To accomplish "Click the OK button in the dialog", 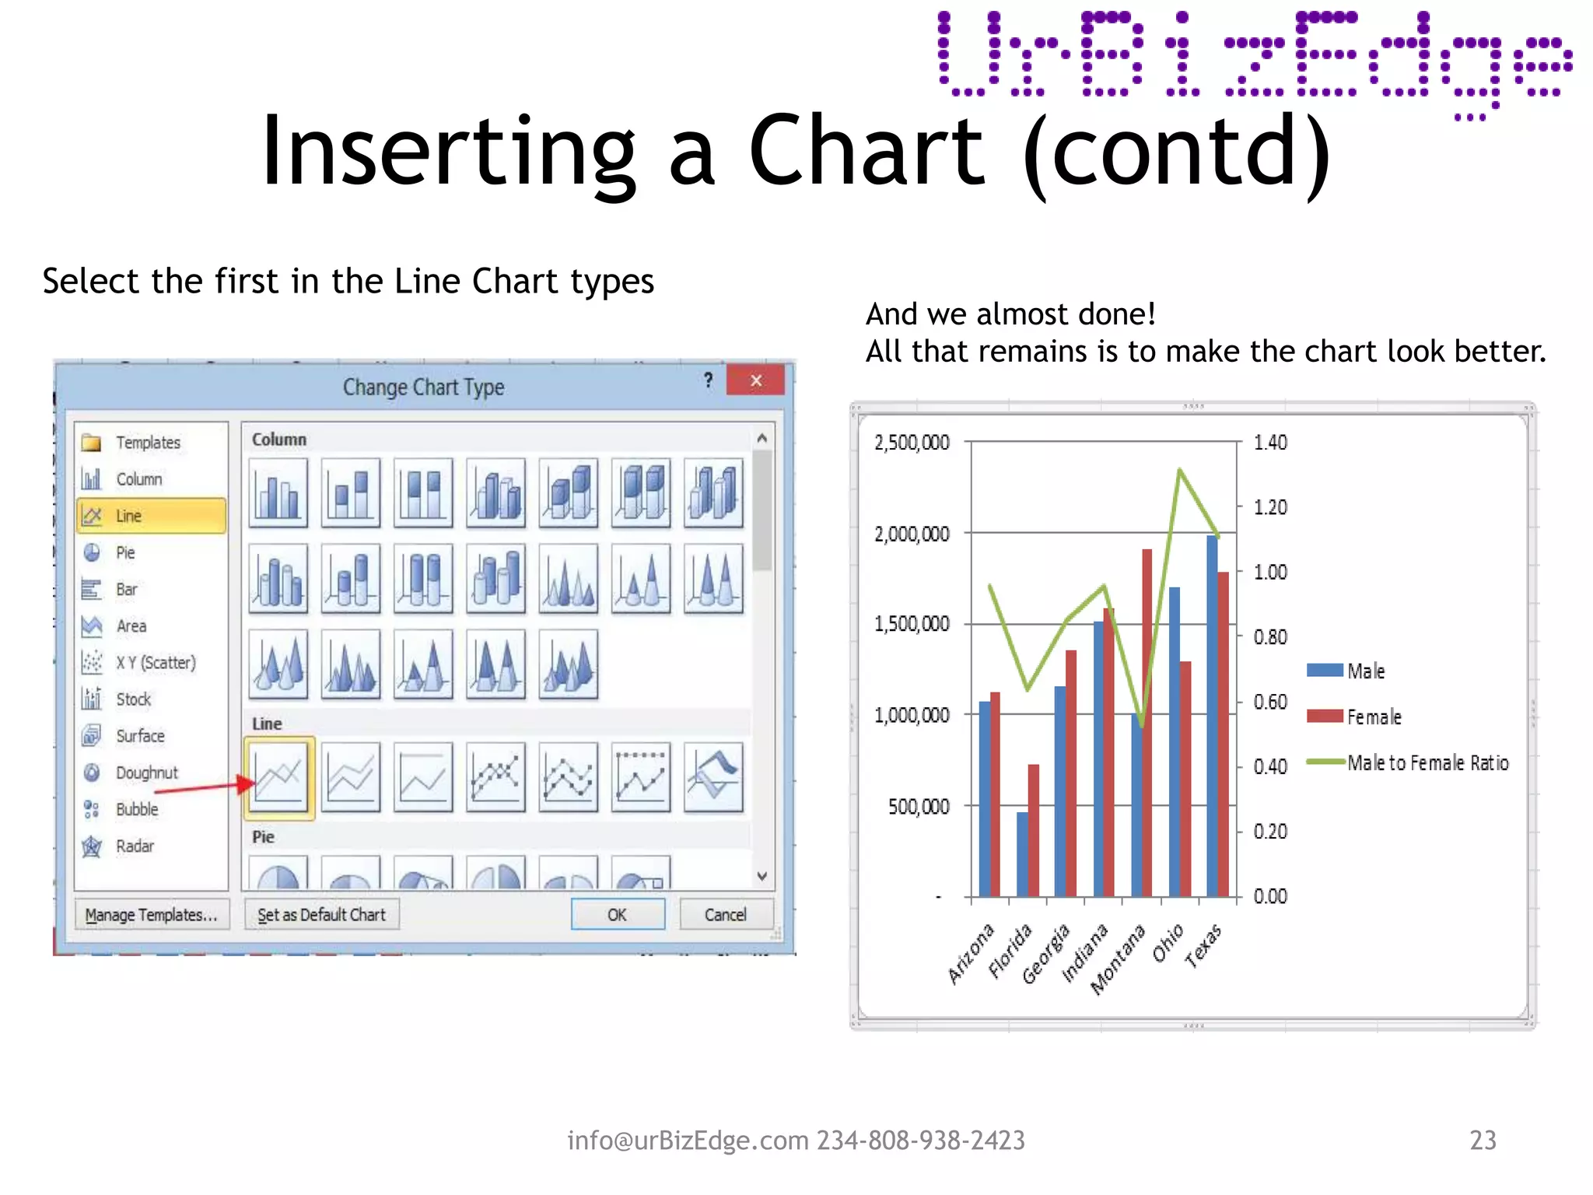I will pyautogui.click(x=618, y=914).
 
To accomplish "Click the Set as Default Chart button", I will pyautogui.click(x=321, y=914).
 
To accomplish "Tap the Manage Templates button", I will pyautogui.click(x=151, y=914).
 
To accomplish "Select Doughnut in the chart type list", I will pyautogui.click(x=146, y=773).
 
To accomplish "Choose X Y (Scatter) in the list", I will pyautogui.click(x=155, y=662).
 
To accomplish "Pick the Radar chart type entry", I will pyautogui.click(x=135, y=846).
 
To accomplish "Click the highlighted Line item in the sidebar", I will pyautogui.click(x=151, y=516).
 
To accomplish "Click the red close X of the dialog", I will pyautogui.click(x=755, y=380).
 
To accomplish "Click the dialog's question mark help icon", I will pyautogui.click(x=708, y=380).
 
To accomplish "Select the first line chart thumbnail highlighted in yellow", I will pyautogui.click(x=278, y=777).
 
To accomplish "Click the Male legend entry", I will pyautogui.click(x=1365, y=671).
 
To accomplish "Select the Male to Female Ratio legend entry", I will pyautogui.click(x=1427, y=762).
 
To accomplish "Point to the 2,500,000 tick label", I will pyautogui.click(x=912, y=443).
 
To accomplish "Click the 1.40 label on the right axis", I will pyautogui.click(x=1270, y=443).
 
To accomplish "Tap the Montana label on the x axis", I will pyautogui.click(x=1119, y=959).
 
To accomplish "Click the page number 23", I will pyautogui.click(x=1483, y=1140).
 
